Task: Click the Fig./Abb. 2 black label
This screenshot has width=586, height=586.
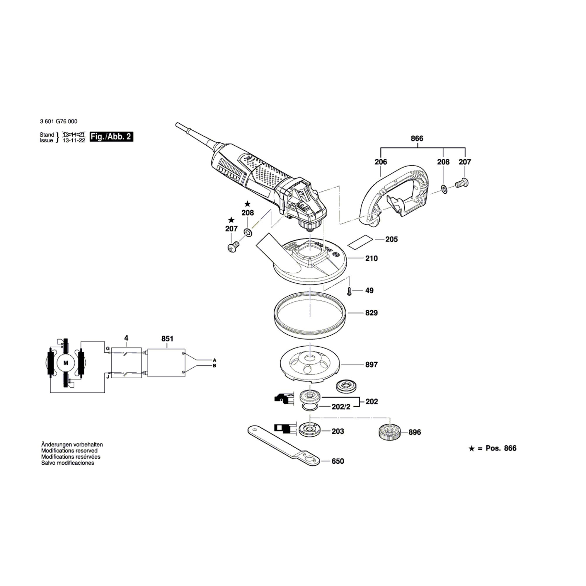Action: coord(112,137)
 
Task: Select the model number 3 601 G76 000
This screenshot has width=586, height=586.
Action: coord(59,121)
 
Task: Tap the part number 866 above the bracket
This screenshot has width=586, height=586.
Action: coord(417,138)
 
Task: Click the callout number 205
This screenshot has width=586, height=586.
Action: coord(391,239)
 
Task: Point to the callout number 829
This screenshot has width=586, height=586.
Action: coord(371,313)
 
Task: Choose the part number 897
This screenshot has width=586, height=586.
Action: coord(371,364)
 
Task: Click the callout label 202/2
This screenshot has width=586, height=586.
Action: coord(341,407)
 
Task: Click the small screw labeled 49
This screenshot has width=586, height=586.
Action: coord(349,292)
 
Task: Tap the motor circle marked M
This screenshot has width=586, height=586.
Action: coord(66,363)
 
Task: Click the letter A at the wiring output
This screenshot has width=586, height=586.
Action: coord(214,360)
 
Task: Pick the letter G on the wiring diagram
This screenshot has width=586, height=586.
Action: coord(108,349)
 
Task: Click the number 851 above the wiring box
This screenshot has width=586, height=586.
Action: coord(167,338)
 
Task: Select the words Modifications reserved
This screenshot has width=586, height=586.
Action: coord(69,451)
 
